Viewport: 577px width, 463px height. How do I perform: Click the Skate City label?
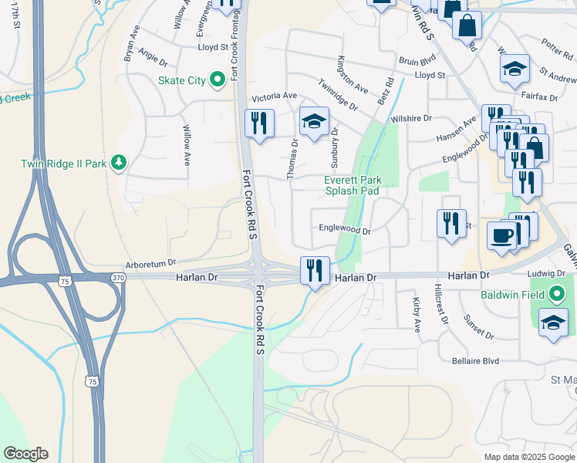(x=181, y=79)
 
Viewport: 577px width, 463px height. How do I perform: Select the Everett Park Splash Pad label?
(x=352, y=185)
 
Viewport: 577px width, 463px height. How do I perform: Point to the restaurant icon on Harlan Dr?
(x=314, y=271)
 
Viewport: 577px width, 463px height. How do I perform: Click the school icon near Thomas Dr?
(x=314, y=122)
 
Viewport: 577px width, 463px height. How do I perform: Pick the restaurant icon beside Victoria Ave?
(x=258, y=123)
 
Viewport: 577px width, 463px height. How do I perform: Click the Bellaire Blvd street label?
(x=475, y=360)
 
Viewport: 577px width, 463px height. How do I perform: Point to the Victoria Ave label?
(x=275, y=96)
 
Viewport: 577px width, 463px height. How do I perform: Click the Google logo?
(x=25, y=454)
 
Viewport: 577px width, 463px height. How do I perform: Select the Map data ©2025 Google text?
(x=528, y=457)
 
